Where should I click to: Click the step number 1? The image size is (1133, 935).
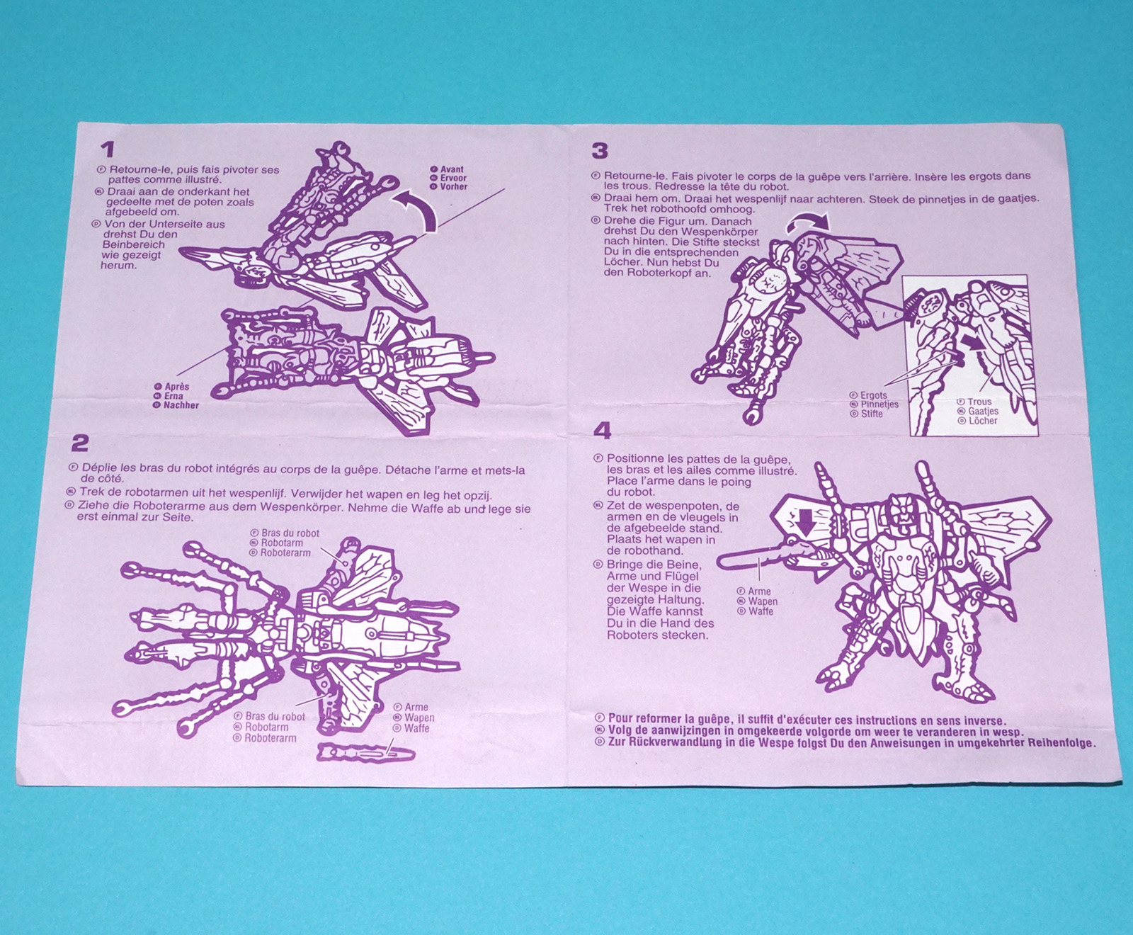pos(107,149)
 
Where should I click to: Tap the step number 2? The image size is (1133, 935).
pos(80,443)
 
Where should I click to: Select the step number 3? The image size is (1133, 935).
pos(600,151)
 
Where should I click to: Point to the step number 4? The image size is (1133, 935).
pos(602,431)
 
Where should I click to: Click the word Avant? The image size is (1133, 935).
pos(452,169)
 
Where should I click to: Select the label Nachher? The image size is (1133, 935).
pos(181,406)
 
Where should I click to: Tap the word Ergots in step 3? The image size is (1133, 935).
pos(874,395)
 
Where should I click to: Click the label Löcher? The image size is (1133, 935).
pos(983,421)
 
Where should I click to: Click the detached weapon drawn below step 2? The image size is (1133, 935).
pos(365,753)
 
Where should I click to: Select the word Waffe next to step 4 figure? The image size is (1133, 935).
pos(761,611)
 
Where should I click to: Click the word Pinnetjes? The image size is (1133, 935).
pos(879,404)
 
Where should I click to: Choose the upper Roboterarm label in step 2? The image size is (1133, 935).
pos(285,553)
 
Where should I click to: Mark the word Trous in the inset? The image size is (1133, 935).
pos(980,402)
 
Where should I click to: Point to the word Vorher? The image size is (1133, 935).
pos(454,187)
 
